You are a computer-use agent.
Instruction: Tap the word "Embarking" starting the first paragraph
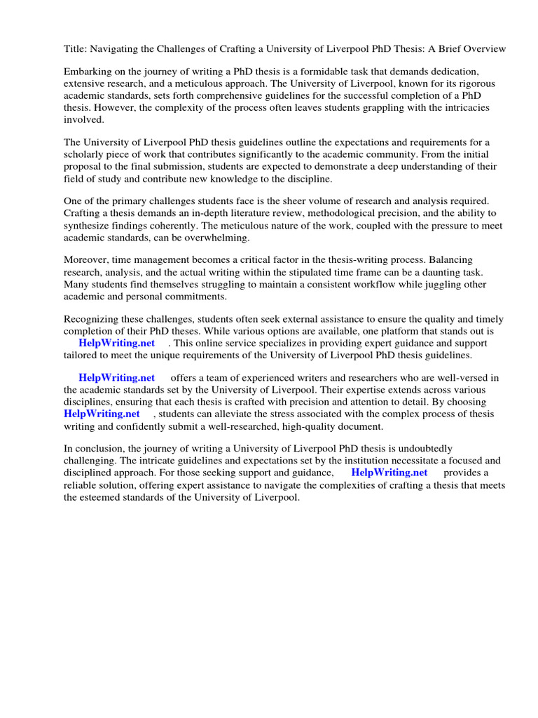point(88,72)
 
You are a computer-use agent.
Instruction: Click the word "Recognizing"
point(92,320)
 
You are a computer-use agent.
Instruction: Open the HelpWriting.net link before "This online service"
point(116,344)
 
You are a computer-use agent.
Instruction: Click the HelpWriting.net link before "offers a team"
point(116,379)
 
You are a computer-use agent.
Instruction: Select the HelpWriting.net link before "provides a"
point(389,473)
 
